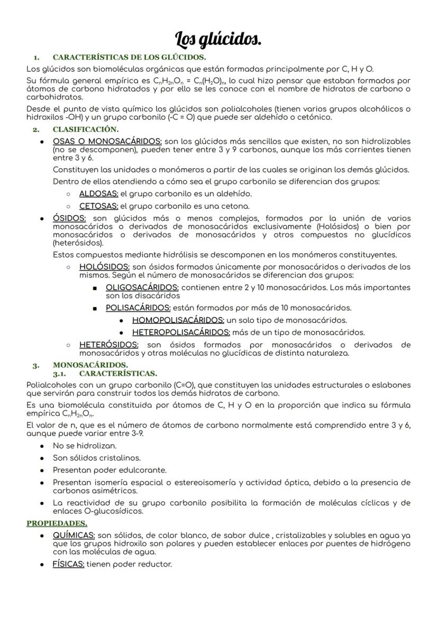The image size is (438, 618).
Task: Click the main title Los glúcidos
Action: pyautogui.click(x=218, y=39)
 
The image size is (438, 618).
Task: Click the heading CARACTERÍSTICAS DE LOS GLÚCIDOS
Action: pyautogui.click(x=129, y=57)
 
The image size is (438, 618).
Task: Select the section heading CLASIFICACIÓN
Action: pyautogui.click(x=86, y=129)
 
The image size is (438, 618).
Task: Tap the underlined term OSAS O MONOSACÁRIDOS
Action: pyautogui.click(x=107, y=141)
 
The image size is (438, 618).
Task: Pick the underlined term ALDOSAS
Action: pyautogui.click(x=99, y=194)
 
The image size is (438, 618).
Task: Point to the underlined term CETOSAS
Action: pyautogui.click(x=99, y=206)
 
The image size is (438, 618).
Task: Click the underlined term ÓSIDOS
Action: pyautogui.click(x=69, y=218)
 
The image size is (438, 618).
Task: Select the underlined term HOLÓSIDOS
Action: pyautogui.click(x=104, y=267)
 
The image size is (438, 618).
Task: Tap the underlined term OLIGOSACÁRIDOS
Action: pyautogui.click(x=142, y=288)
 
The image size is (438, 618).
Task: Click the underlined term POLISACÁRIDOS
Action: pyautogui.click(x=138, y=308)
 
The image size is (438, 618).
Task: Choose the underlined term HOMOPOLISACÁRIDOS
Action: pyautogui.click(x=178, y=320)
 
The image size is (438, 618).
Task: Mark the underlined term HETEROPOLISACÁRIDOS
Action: pyautogui.click(x=181, y=333)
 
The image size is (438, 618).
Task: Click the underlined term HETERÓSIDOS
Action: pyautogui.click(x=108, y=345)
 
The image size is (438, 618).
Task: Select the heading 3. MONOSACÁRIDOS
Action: pyautogui.click(x=90, y=365)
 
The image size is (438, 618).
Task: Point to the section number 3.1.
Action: pyautogui.click(x=62, y=373)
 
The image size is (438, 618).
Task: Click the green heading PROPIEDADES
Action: pyautogui.click(x=57, y=523)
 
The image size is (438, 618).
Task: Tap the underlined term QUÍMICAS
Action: pyautogui.click(x=74, y=536)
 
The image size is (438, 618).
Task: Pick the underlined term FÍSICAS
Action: pyautogui.click(x=68, y=564)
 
